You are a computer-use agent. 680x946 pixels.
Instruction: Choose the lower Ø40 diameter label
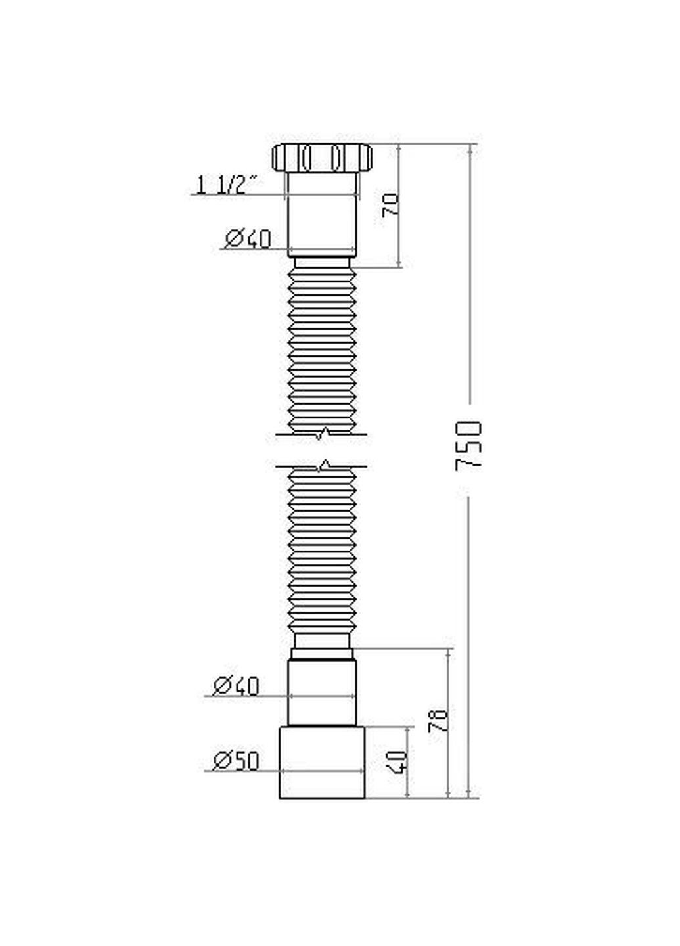click(237, 687)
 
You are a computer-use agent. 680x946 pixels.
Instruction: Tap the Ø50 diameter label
click(237, 761)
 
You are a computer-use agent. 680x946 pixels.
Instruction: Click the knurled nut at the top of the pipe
click(322, 158)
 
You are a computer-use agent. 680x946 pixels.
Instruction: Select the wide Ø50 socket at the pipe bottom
click(322, 762)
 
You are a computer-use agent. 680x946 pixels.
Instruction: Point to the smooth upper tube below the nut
click(322, 214)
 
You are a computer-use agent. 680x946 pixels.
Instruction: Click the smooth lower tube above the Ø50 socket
click(322, 693)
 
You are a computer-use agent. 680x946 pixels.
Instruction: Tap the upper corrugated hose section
click(322, 348)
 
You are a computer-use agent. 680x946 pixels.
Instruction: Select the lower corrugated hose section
click(322, 552)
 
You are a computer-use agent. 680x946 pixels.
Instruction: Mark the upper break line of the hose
click(322, 434)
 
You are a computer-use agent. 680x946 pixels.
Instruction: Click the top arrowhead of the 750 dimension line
click(469, 148)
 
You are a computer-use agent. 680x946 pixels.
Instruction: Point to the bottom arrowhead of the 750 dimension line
click(469, 793)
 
